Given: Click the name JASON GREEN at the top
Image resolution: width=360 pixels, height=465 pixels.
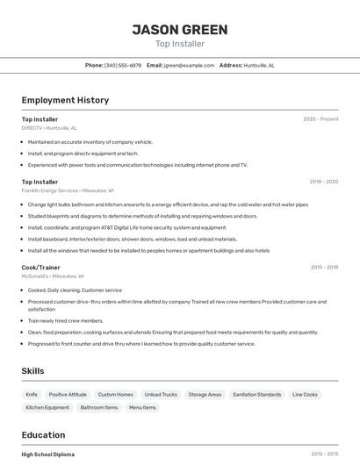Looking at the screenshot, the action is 180,30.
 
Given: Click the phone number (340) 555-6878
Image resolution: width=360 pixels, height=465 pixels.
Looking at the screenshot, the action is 123,65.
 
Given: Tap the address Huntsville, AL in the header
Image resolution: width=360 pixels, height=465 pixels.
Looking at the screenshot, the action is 259,65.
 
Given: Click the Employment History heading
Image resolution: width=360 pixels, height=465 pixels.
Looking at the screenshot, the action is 65,100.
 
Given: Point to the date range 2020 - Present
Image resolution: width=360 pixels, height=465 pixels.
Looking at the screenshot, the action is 320,119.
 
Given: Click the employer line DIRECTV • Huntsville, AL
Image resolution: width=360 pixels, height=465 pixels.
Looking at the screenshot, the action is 49,128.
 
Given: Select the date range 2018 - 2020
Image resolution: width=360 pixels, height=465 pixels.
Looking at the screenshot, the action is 323,182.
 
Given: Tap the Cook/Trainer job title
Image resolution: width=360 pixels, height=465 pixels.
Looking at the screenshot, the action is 41,268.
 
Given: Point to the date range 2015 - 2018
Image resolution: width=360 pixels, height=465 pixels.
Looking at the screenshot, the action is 324,268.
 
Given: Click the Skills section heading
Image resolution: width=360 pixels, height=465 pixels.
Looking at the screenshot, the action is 33,371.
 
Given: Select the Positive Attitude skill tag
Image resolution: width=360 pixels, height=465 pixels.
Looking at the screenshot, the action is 68,395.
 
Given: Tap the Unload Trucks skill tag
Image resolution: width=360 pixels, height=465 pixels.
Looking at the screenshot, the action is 161,395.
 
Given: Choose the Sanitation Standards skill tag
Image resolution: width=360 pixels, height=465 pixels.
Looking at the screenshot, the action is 257,395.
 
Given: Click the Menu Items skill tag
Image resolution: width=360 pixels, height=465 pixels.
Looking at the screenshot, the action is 142,408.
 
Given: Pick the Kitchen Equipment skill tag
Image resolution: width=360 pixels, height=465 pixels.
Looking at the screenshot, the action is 47,408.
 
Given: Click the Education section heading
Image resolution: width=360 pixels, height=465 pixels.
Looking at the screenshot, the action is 43,435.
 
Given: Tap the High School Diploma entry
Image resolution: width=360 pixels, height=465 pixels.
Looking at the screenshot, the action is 48,454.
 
